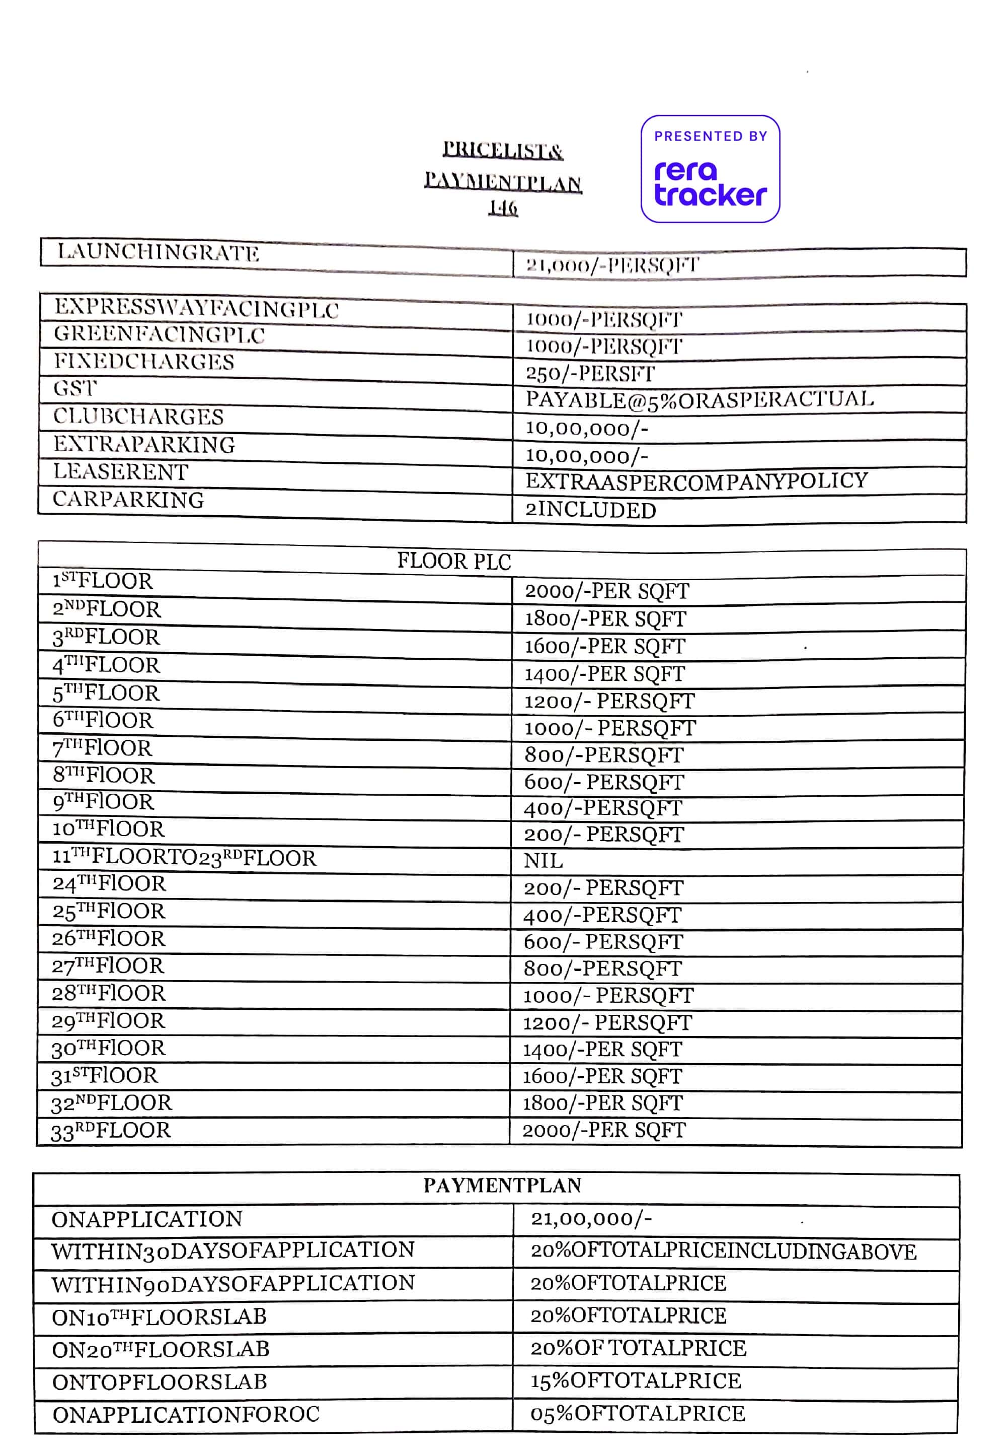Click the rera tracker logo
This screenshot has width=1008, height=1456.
point(710,169)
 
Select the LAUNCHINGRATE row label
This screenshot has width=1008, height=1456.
point(158,252)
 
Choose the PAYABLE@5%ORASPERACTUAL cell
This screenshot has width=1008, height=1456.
point(699,399)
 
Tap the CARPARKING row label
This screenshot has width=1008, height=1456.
point(128,499)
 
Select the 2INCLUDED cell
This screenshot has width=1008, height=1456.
point(590,509)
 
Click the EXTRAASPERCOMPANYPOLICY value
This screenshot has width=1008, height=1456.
point(696,481)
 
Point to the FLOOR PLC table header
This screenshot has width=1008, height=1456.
point(453,561)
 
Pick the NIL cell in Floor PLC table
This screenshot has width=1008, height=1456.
point(542,861)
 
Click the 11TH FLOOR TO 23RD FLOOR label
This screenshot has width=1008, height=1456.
point(184,858)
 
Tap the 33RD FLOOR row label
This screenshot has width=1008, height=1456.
point(111,1131)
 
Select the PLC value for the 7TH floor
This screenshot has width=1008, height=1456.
point(603,754)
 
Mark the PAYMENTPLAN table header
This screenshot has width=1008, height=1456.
point(502,1186)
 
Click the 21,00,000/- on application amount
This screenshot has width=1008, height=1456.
point(590,1219)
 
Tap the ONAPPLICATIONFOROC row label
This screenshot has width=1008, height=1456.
point(186,1414)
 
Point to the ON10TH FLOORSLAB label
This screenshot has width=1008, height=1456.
point(159,1317)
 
